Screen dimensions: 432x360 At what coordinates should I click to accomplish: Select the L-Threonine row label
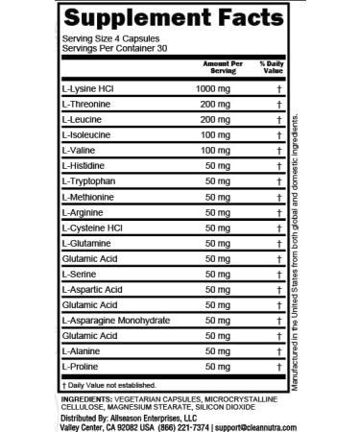(86, 105)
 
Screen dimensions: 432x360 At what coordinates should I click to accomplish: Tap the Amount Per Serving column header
(216, 66)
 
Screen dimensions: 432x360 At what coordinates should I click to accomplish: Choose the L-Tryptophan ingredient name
(87, 180)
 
